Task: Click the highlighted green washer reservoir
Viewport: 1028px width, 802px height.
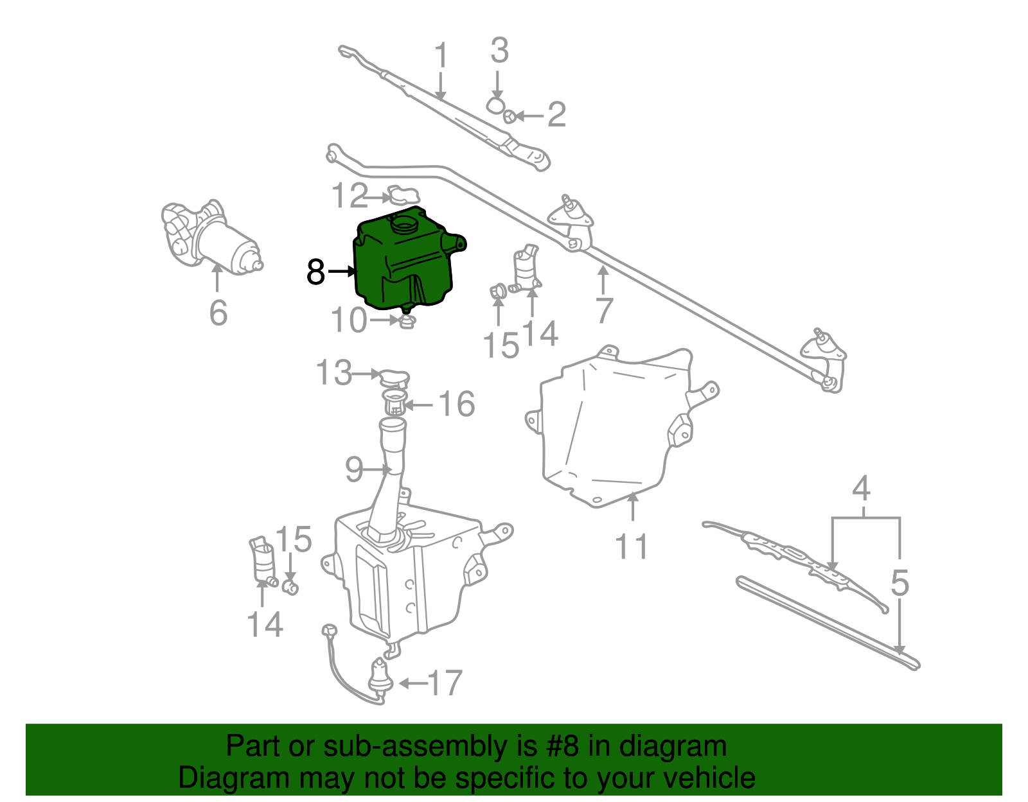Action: pyautogui.click(x=405, y=263)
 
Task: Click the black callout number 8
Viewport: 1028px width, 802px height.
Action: pyautogui.click(x=315, y=272)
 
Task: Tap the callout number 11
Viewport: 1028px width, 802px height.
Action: pyautogui.click(x=632, y=546)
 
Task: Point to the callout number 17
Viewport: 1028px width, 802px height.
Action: pyautogui.click(x=445, y=683)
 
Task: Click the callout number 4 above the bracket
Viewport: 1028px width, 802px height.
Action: pyautogui.click(x=862, y=489)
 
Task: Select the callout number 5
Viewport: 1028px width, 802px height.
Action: pyautogui.click(x=899, y=584)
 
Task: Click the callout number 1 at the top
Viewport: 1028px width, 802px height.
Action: pyautogui.click(x=441, y=57)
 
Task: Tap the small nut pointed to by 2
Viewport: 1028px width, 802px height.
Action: pyautogui.click(x=508, y=116)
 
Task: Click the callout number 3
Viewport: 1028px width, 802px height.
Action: pyautogui.click(x=499, y=51)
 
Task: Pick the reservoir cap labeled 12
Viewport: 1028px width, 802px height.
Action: pyautogui.click(x=403, y=195)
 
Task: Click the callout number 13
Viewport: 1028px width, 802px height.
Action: pyautogui.click(x=334, y=373)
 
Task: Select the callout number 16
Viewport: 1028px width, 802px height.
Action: pyautogui.click(x=456, y=405)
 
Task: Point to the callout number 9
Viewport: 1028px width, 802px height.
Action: pyautogui.click(x=354, y=470)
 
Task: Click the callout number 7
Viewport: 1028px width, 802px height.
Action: pyautogui.click(x=604, y=311)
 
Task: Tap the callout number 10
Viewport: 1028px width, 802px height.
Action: pyautogui.click(x=348, y=320)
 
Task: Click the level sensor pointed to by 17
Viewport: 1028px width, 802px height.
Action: pyautogui.click(x=380, y=676)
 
